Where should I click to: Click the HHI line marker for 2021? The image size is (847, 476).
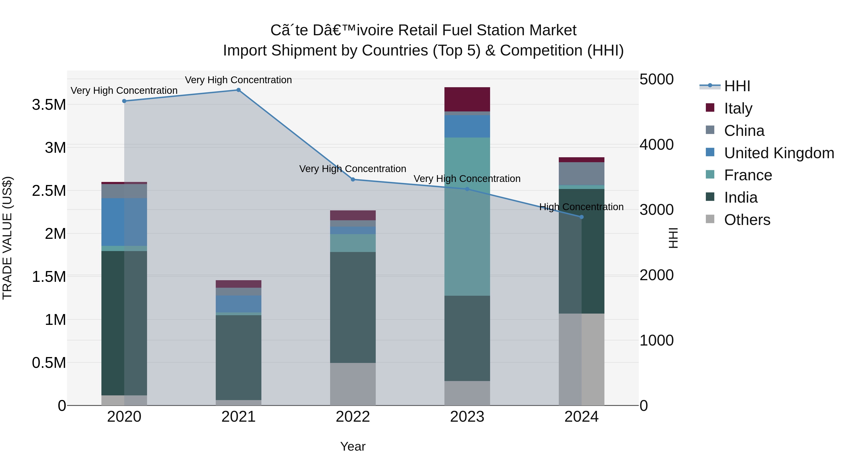[x=238, y=90]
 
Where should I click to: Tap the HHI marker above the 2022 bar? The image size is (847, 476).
[x=353, y=179]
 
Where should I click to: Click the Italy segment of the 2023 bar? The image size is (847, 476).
[x=467, y=99]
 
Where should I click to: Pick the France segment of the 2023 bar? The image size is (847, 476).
[x=467, y=217]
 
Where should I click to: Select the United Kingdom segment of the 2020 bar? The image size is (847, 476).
[x=124, y=222]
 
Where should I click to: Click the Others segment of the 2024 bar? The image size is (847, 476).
[x=581, y=359]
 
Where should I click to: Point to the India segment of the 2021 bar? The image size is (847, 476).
[x=238, y=357]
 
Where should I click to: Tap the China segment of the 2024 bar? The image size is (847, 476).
[x=581, y=174]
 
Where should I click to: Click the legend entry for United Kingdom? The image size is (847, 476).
[x=779, y=153]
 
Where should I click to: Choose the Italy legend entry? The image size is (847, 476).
[x=738, y=108]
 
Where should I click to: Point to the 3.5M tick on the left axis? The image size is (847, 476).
[x=49, y=105]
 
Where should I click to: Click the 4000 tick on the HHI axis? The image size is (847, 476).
[x=656, y=145]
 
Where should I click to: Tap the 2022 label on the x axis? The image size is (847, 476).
[x=353, y=417]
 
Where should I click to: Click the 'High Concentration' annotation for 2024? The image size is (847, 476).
[x=581, y=207]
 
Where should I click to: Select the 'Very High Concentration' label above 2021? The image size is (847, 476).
[x=238, y=80]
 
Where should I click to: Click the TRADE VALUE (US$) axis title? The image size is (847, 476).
[x=7, y=238]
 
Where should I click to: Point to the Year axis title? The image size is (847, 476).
[x=353, y=446]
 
